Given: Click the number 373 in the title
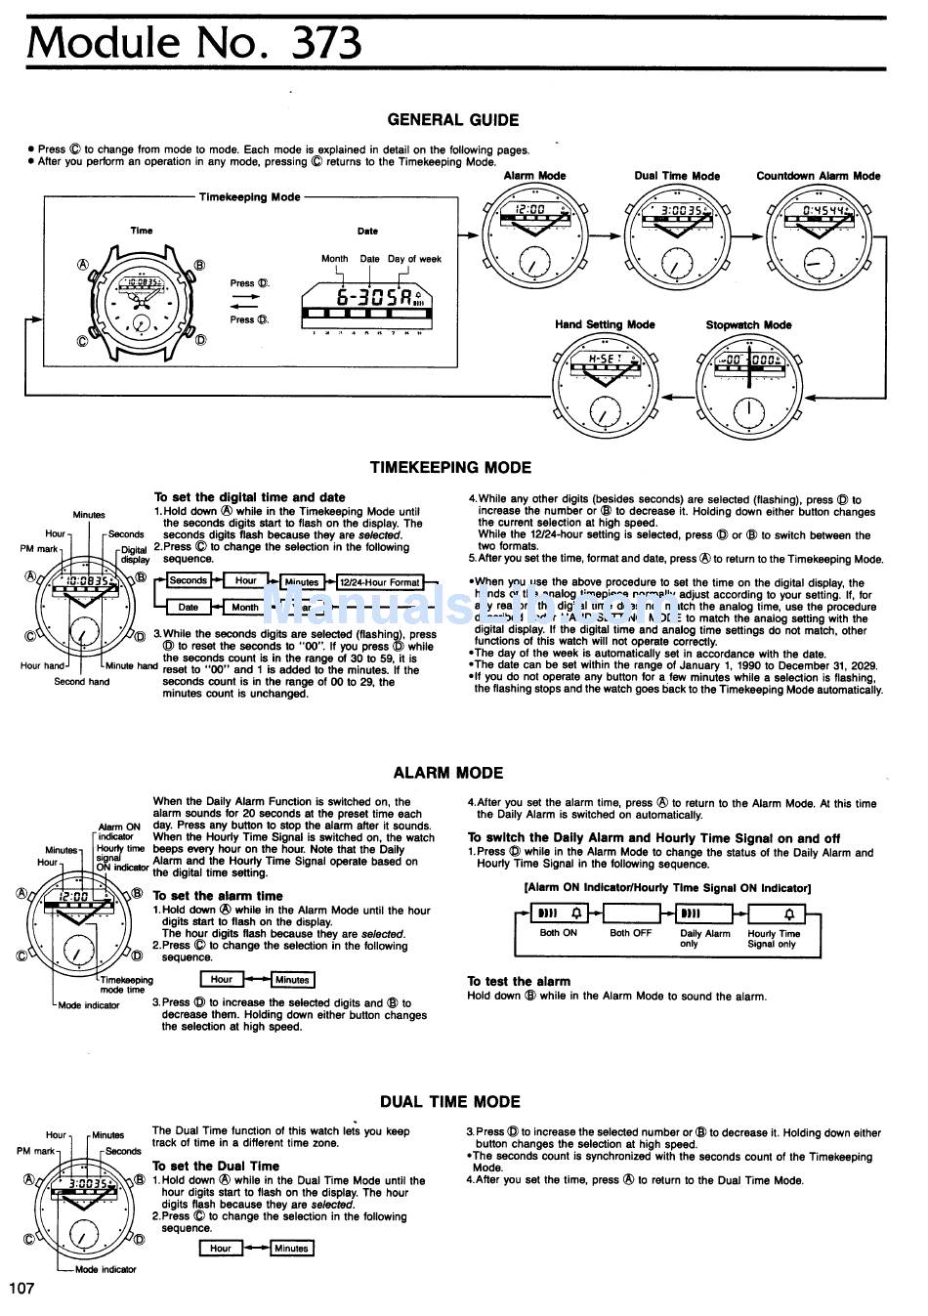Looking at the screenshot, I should (x=326, y=42).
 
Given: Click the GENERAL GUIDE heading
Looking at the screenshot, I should (x=453, y=120).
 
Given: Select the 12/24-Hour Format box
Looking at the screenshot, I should (x=378, y=582).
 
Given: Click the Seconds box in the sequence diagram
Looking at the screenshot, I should (x=188, y=580).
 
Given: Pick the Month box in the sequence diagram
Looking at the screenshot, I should (x=244, y=607).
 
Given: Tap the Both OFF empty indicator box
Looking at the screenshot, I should (x=632, y=914).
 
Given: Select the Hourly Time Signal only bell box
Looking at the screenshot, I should (x=775, y=914).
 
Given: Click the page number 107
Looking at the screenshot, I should (x=21, y=1288).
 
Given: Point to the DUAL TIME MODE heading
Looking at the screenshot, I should (x=450, y=1102).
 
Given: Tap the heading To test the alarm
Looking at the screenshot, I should (x=519, y=981).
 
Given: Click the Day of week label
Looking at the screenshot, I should (x=414, y=259).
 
